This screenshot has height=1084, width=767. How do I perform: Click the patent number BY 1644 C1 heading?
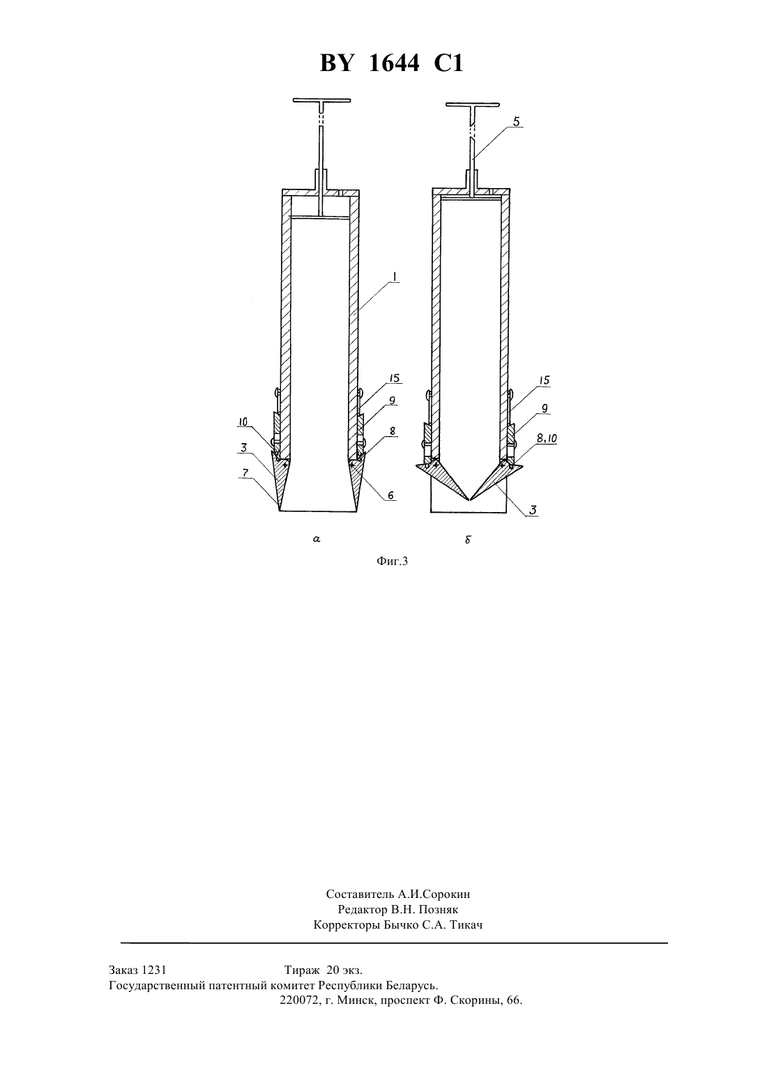[x=391, y=63]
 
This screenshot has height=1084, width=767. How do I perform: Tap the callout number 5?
[x=517, y=121]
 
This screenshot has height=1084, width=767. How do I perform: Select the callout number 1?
[x=395, y=277]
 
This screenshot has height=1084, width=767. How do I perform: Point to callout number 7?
[x=245, y=473]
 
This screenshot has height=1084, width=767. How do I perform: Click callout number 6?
[x=390, y=495]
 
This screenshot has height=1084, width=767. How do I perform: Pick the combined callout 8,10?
[x=546, y=438]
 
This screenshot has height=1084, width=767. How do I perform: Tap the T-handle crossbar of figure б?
[x=472, y=104]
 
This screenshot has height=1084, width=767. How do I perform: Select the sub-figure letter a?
[x=317, y=539]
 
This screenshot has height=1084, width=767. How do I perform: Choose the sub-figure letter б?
[x=468, y=539]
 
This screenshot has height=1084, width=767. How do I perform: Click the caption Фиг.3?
[x=392, y=561]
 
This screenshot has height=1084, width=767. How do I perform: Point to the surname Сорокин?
[x=446, y=894]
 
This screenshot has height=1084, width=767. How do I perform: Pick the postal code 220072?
[x=298, y=1000]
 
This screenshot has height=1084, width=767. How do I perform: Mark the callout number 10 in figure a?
[x=243, y=422]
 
